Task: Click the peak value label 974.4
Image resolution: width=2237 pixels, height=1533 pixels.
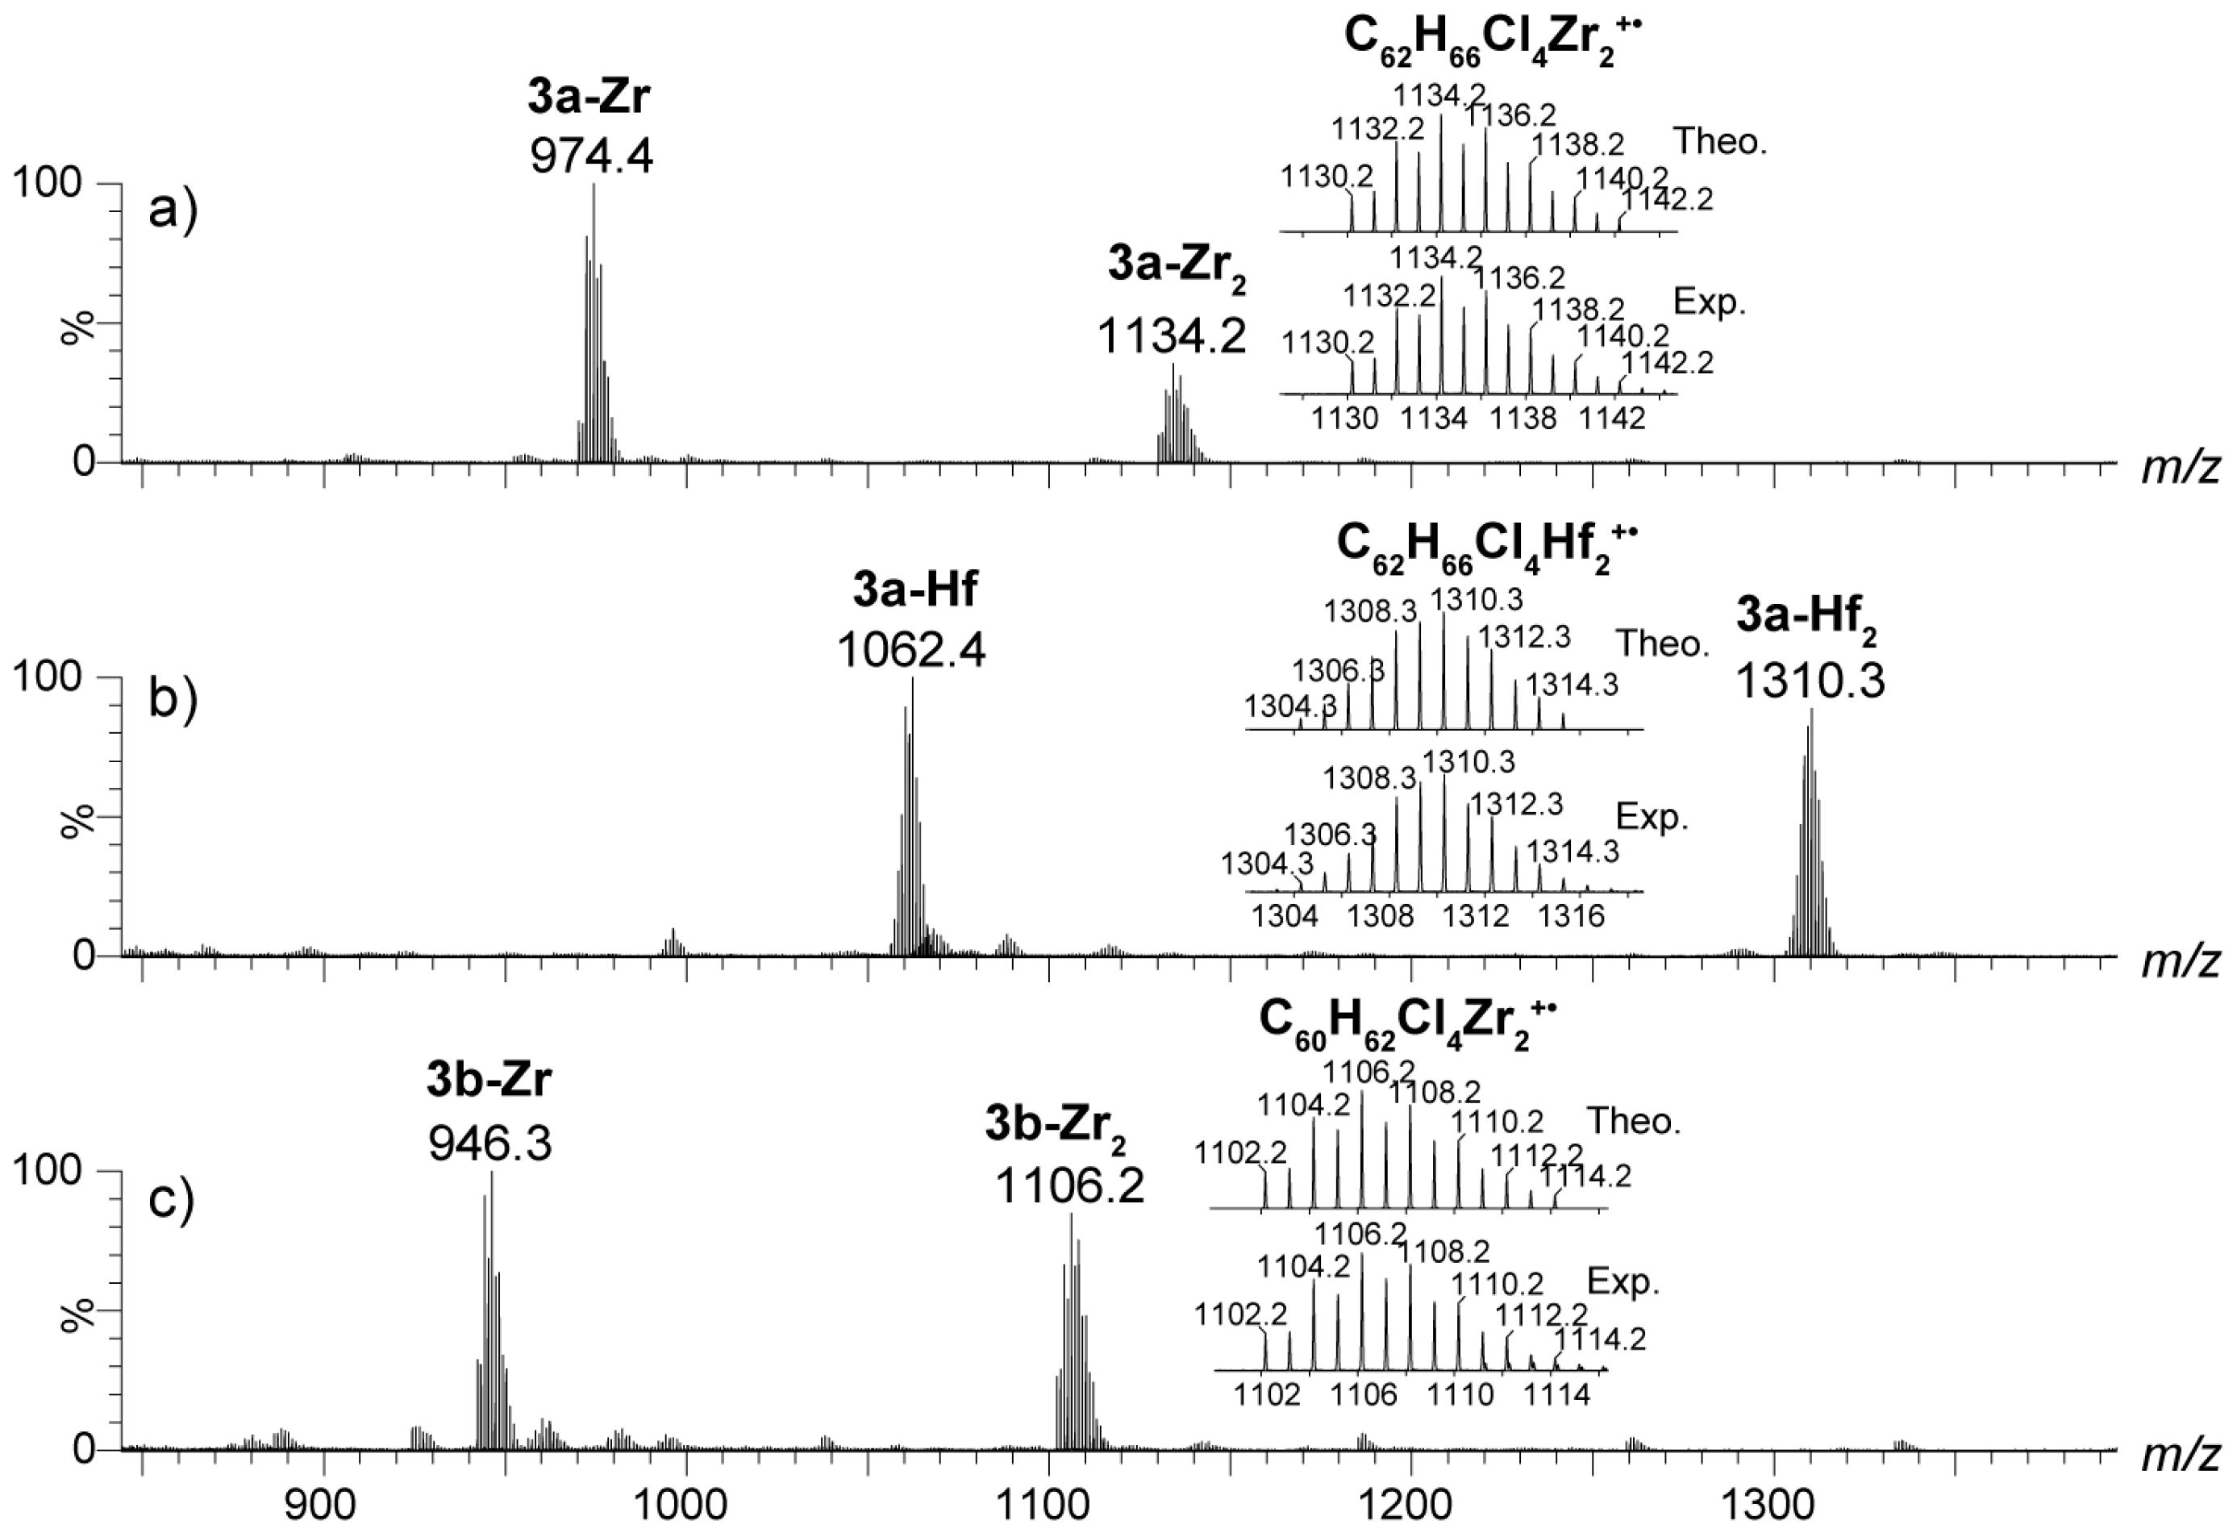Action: (x=591, y=154)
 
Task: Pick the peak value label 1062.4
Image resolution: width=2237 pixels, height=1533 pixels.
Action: (x=911, y=650)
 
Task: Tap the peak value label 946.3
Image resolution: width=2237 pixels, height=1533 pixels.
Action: (x=490, y=1143)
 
